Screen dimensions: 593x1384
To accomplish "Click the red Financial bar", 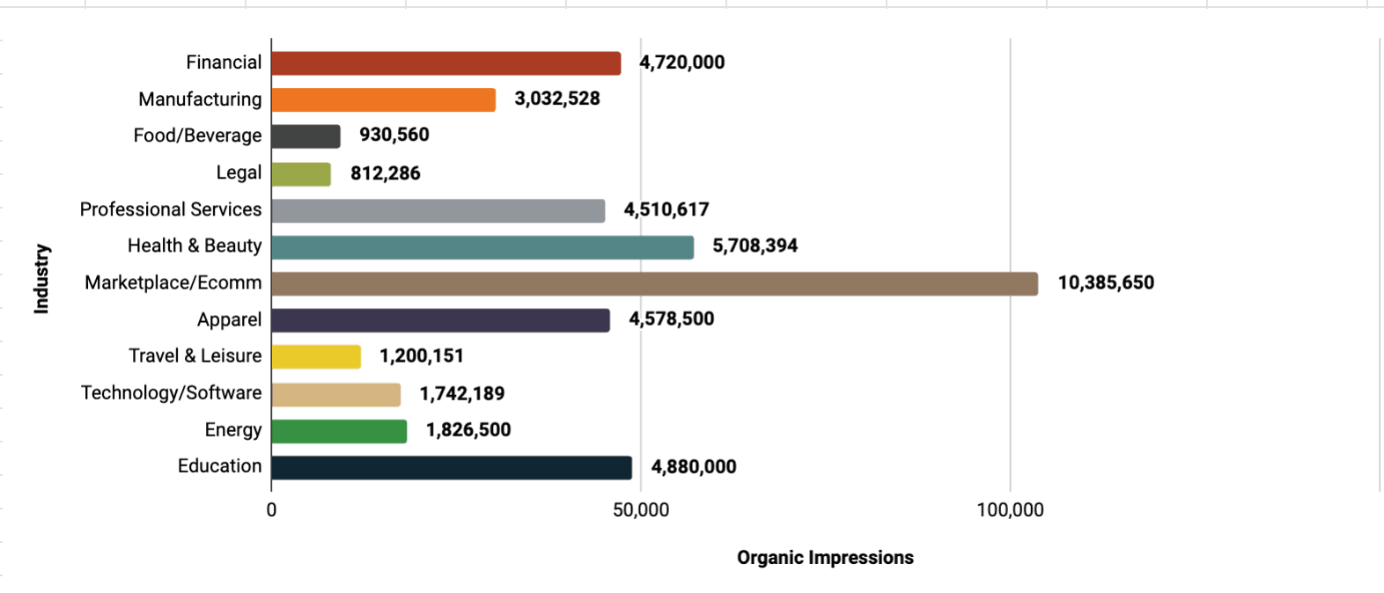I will [445, 63].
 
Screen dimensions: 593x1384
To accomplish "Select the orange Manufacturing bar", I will [383, 99].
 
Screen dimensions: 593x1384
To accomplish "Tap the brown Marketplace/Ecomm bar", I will [654, 283].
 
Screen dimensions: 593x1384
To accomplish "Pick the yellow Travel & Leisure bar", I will [316, 356].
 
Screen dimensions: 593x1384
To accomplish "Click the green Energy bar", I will [339, 431].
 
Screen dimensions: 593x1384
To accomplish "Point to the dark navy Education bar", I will [451, 467].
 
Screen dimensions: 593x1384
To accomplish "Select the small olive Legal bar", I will [301, 173].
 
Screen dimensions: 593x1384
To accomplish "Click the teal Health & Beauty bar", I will [482, 246].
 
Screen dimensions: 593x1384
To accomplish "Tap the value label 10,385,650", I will [1106, 283].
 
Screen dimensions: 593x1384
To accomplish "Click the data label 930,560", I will [394, 135].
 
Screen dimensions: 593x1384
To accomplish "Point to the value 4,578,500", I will [671, 319].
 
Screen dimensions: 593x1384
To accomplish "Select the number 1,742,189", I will [461, 393].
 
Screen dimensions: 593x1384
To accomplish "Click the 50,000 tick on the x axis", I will [641, 510].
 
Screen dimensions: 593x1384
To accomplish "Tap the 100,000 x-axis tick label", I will [1010, 510].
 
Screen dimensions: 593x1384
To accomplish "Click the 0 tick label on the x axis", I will [271, 510].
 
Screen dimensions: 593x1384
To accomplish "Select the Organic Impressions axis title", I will [825, 558].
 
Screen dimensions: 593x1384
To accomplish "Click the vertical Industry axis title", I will [41, 278].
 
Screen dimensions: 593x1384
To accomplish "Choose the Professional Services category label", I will [171, 209].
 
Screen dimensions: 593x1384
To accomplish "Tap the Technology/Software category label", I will [171, 393].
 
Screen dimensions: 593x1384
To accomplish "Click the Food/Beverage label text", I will [197, 135].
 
